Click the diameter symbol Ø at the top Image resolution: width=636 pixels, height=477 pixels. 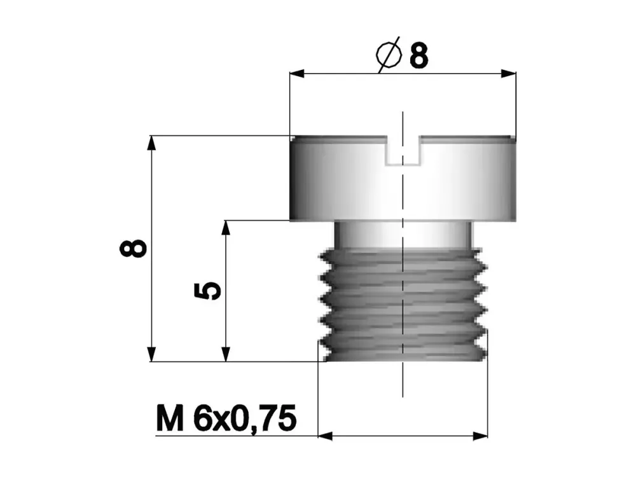389,55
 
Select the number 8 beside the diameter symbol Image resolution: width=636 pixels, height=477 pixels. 418,56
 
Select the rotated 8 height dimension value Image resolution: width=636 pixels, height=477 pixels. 134,248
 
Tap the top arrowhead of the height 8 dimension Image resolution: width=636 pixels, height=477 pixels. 151,142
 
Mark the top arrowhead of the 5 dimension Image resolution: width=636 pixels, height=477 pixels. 226,227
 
